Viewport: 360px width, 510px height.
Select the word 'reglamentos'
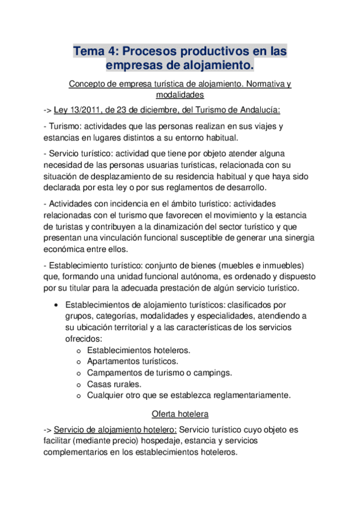pos(206,189)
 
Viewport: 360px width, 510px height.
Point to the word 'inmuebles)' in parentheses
pos(284,265)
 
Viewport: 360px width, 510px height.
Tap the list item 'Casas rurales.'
pos(114,384)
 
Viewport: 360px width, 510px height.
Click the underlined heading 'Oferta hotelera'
pos(180,414)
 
